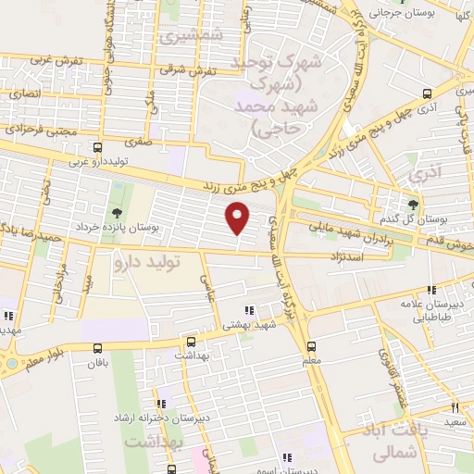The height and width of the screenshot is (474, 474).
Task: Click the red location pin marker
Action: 239,218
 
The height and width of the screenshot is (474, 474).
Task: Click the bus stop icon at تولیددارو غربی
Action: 98,147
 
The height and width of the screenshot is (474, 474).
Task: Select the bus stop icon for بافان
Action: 98,347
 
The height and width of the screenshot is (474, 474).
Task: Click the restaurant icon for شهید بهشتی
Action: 248,311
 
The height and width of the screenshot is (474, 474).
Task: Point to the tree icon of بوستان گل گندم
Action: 413,204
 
